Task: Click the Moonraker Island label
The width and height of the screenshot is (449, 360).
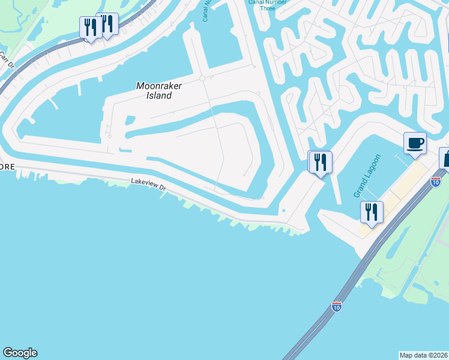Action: click(159, 91)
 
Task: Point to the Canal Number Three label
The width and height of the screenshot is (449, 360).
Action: click(268, 5)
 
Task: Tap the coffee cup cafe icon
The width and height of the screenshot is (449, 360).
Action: click(415, 143)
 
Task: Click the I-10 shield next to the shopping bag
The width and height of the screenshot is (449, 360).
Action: click(436, 181)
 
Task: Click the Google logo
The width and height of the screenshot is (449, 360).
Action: click(20, 353)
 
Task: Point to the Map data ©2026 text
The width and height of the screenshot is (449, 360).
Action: click(424, 355)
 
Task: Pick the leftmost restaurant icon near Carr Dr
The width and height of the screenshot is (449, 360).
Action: click(91, 28)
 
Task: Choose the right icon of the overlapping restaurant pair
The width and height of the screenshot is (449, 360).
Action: click(108, 24)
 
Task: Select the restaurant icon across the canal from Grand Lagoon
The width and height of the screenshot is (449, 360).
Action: click(320, 162)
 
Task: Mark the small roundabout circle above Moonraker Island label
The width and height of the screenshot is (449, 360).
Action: click(203, 78)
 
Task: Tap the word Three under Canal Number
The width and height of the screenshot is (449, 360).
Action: click(268, 8)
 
